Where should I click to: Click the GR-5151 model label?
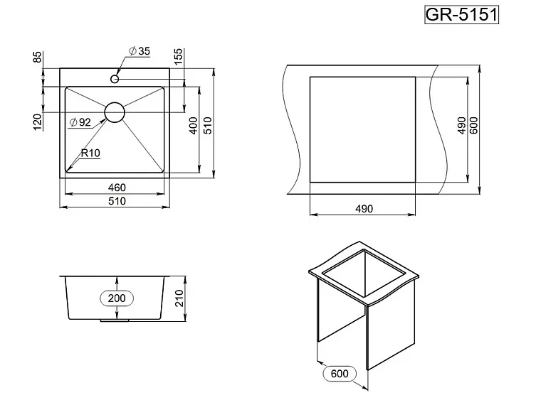pos(461,15)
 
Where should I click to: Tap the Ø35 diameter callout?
pos(140,51)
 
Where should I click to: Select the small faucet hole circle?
pos(115,79)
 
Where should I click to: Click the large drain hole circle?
pos(115,112)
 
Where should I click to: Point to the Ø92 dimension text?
pos(80,122)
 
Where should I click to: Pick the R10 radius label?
pos(90,153)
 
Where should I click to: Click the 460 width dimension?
pos(117,188)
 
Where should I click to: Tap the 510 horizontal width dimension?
pos(117,201)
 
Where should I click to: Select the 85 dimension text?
pos(38,57)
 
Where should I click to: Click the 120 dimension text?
pos(38,121)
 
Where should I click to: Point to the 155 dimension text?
pos(179,57)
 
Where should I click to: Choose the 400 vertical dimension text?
pos(193,126)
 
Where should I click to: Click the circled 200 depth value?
pos(117,298)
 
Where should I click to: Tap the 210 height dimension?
pos(179,298)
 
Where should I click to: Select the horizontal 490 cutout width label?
pos(364,209)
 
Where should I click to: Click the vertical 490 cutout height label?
pos(461,126)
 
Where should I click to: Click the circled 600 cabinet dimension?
pos(340,374)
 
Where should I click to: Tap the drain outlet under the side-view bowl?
pos(115,320)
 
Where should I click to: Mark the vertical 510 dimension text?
pos(208,126)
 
